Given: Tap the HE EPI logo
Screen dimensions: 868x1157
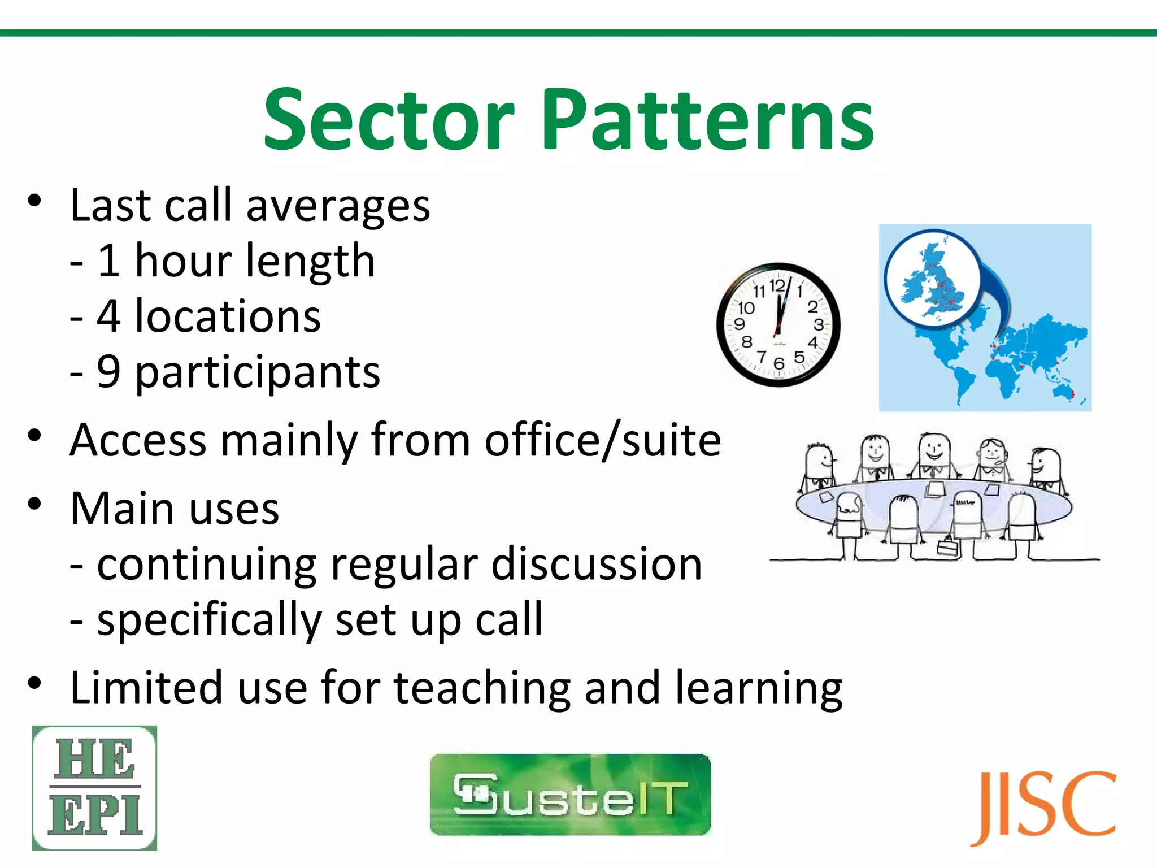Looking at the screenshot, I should pyautogui.click(x=94, y=788).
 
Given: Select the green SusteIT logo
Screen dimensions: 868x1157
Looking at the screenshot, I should pyautogui.click(x=570, y=795).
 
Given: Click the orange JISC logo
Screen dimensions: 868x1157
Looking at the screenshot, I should pyautogui.click(x=1043, y=806).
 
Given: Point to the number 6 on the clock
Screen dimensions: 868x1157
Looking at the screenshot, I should pyautogui.click(x=779, y=363).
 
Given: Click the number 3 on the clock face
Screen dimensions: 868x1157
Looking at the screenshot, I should pyautogui.click(x=819, y=325).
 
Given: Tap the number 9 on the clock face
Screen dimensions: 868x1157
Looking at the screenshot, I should pyautogui.click(x=740, y=324).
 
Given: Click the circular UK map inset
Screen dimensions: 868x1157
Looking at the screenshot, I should pyautogui.click(x=932, y=278).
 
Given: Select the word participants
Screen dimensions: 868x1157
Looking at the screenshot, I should pyautogui.click(x=258, y=373).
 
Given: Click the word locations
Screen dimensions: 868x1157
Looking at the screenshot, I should pyautogui.click(x=228, y=316).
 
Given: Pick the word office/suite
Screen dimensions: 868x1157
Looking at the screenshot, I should pyautogui.click(x=603, y=441).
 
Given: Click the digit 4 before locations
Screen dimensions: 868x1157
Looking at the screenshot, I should pyautogui.click(x=109, y=316).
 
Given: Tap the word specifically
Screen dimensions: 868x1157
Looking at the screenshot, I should pyautogui.click(x=208, y=620).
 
